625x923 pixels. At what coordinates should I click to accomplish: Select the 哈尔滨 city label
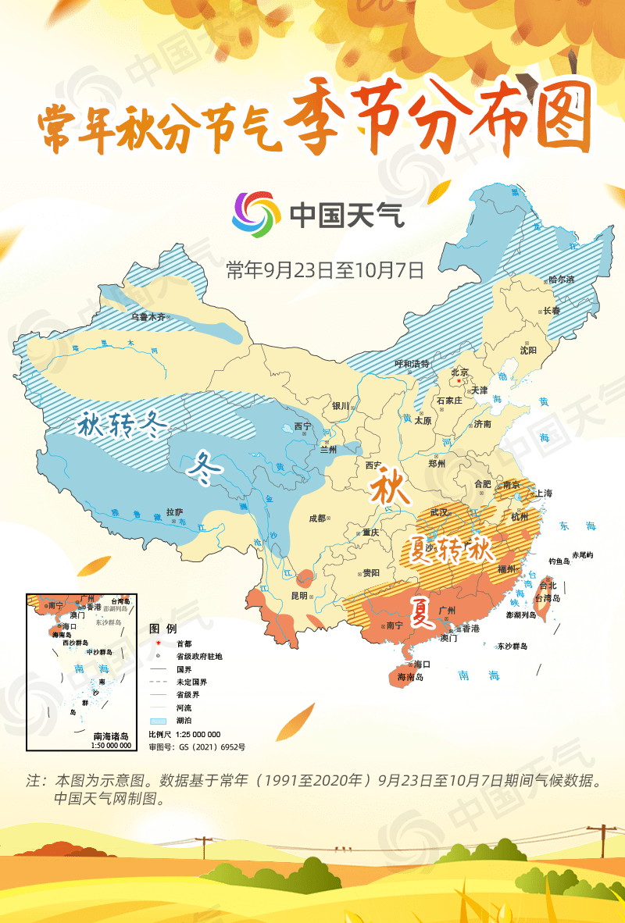[560, 279]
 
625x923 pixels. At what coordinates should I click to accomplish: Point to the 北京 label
[459, 372]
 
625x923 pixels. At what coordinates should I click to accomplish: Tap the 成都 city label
[317, 517]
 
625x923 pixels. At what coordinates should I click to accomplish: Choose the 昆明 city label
[299, 595]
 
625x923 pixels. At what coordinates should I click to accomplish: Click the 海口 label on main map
[422, 664]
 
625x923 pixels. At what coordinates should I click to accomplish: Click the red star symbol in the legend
[158, 644]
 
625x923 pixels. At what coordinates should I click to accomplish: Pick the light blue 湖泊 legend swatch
[158, 720]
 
